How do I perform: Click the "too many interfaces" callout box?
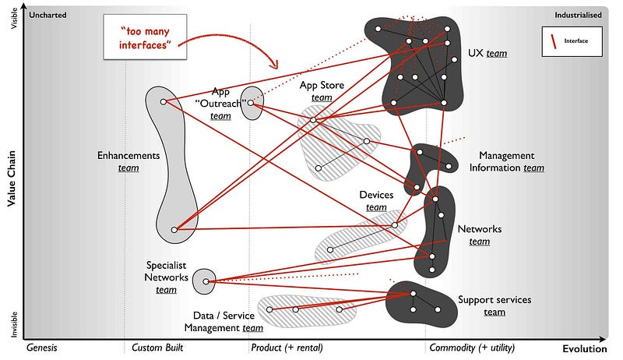coord(148,36)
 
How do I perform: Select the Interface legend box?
coord(572,41)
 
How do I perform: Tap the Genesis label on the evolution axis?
coord(42,348)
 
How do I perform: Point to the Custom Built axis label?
coord(157,348)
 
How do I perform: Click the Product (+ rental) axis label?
coord(286,348)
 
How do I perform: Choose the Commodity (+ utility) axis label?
coord(471,348)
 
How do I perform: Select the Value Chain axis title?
coord(12,179)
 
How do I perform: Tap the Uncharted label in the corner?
coord(48,15)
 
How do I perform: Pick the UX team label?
coord(487,53)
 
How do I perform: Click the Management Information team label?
coord(512,161)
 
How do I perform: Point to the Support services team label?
coord(495,305)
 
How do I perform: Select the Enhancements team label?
coord(128,161)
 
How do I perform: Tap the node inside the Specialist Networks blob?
coord(204,281)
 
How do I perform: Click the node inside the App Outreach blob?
coord(251,102)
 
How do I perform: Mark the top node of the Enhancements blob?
coord(163,101)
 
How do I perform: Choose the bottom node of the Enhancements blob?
coord(174,230)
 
